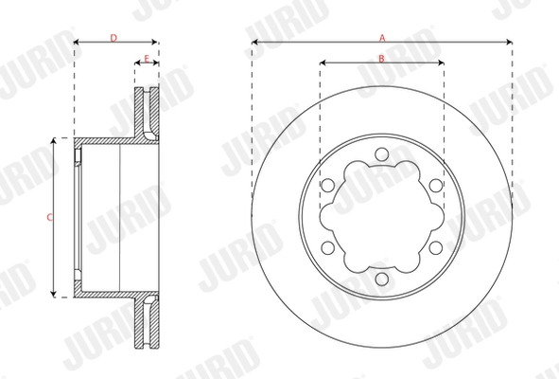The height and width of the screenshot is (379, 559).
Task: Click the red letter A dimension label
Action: click(x=381, y=38)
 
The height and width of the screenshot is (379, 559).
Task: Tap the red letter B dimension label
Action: click(x=381, y=59)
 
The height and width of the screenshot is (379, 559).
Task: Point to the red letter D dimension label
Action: click(x=114, y=38)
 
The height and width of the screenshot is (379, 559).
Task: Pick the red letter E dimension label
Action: click(x=147, y=59)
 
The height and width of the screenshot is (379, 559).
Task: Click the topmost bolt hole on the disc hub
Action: click(x=381, y=154)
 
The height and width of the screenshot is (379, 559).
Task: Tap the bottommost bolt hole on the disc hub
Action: click(x=381, y=280)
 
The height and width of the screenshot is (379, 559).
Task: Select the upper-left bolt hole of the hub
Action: click(x=327, y=186)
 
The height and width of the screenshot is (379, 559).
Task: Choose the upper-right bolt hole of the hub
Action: click(x=436, y=186)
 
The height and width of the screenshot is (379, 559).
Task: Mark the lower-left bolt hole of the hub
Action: click(x=327, y=248)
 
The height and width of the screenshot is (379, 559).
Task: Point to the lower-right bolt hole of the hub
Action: click(x=436, y=248)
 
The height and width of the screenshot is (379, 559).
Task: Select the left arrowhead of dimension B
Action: click(x=323, y=64)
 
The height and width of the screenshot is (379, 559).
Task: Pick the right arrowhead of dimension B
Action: click(x=441, y=64)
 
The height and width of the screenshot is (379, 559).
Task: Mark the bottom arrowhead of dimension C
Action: click(x=55, y=293)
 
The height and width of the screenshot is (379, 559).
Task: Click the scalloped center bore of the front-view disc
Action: click(x=381, y=217)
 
